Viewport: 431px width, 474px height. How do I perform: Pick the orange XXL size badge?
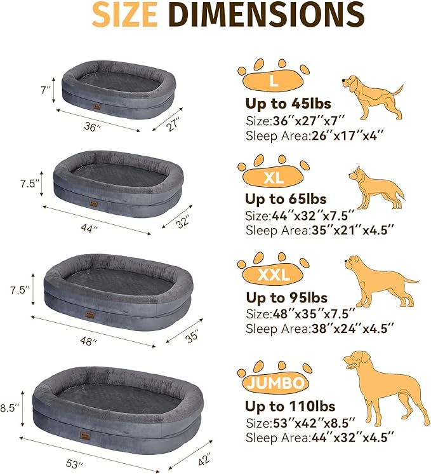tap(273, 274)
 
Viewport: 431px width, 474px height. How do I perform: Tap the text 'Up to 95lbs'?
tap(289, 297)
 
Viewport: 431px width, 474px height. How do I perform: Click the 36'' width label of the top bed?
tap(93, 127)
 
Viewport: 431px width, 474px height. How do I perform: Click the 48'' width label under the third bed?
tap(91, 341)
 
